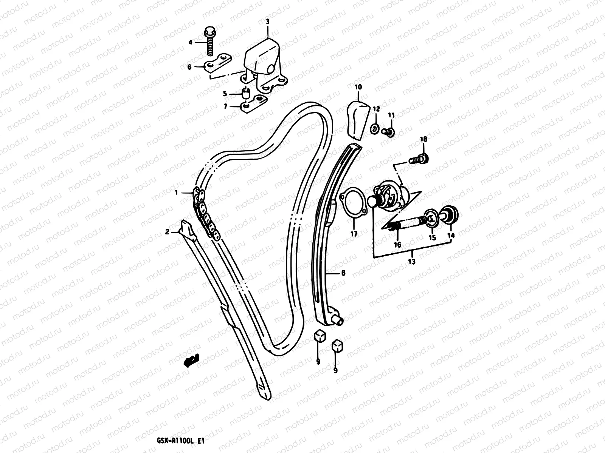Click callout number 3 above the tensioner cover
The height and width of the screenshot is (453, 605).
point(267,22)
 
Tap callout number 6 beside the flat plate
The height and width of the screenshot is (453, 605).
point(200,67)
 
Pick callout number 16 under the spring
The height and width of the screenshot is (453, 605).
point(397,245)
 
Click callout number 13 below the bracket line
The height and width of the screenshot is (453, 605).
point(412,261)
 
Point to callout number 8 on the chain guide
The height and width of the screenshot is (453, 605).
point(343,273)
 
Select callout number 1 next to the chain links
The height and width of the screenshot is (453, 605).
point(176,193)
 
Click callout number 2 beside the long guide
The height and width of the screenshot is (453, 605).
point(167,232)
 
